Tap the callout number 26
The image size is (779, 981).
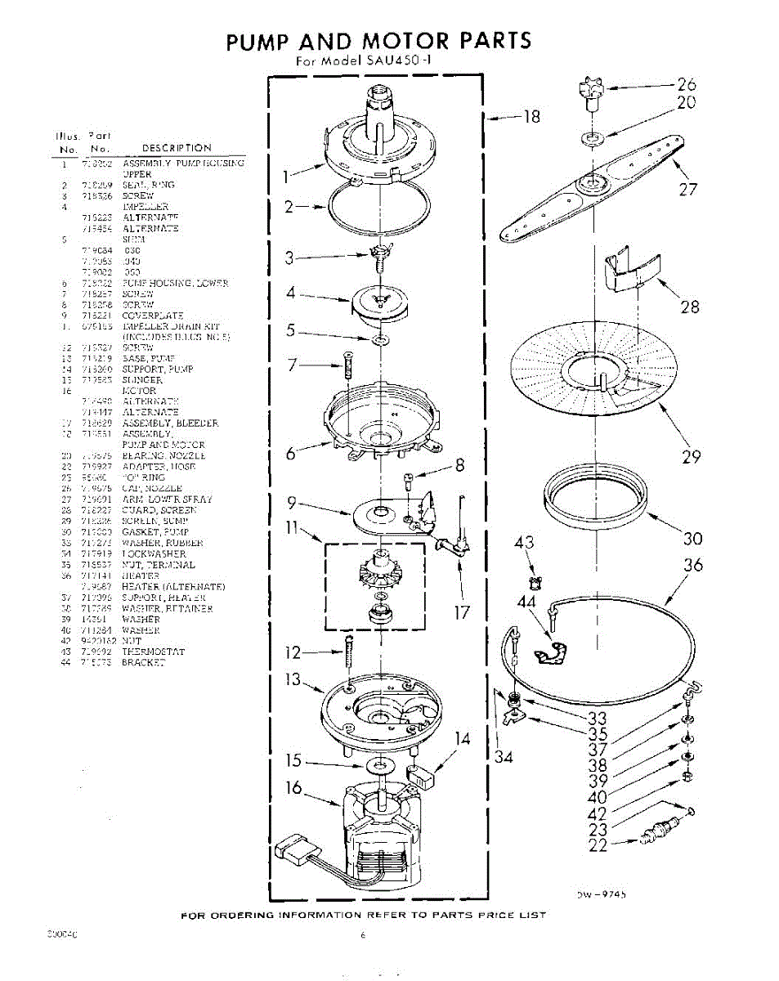point(687,83)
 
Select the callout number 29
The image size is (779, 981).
point(691,457)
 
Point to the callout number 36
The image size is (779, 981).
point(692,565)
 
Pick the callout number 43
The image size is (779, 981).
point(525,543)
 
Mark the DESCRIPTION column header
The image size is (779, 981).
point(177,148)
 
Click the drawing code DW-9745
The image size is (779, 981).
point(602,895)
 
